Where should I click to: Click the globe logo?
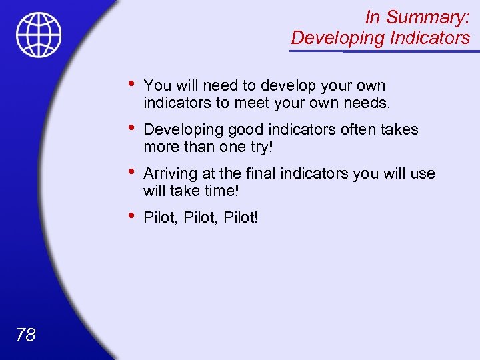pos(39,35)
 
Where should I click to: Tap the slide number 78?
pos(25,335)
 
